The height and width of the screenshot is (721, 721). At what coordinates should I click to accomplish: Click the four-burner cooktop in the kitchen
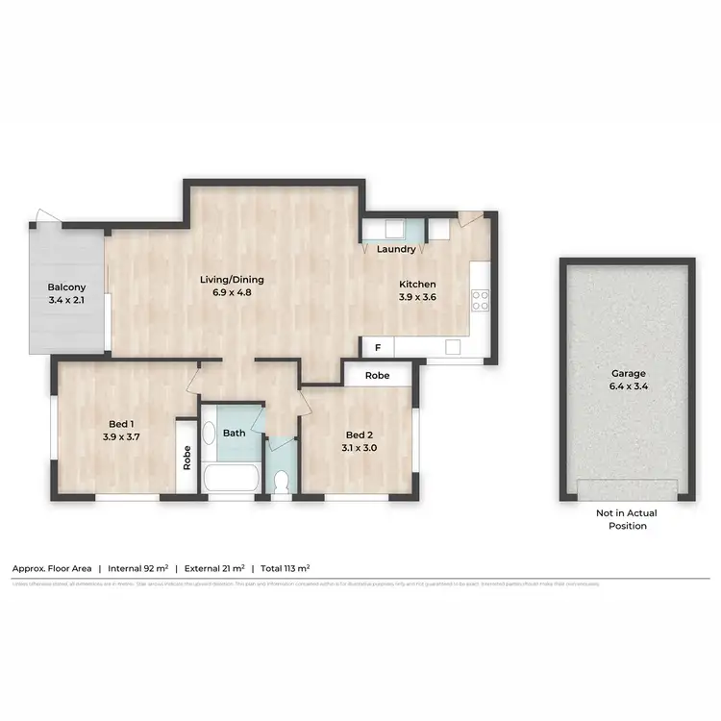481,300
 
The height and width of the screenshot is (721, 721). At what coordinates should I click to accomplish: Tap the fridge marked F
377,346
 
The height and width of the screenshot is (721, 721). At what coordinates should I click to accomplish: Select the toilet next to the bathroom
281,480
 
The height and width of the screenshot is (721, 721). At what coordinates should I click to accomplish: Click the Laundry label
396,250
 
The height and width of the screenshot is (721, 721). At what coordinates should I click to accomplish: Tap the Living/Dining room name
232,280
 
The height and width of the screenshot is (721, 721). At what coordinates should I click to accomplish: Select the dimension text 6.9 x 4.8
232,292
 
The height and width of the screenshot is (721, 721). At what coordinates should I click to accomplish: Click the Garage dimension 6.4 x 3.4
628,386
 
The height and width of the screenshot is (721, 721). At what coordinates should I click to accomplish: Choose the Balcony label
67,287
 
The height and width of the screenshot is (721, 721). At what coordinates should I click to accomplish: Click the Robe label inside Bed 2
378,375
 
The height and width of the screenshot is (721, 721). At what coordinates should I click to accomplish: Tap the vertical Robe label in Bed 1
186,457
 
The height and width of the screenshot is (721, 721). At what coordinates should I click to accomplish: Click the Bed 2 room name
359,434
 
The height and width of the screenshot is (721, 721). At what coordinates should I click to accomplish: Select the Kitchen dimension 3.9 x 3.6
418,297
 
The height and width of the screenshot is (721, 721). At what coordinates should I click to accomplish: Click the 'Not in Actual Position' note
628,520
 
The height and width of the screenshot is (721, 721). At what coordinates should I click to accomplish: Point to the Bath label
235,433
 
